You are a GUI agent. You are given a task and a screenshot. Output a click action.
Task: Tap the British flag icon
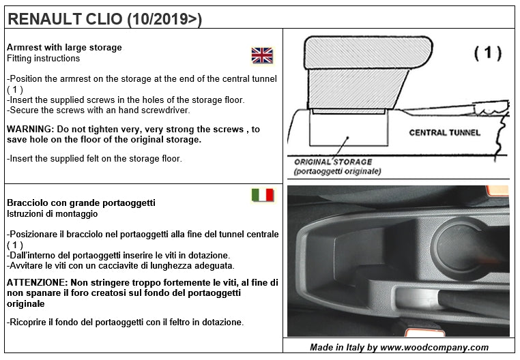point(262,55)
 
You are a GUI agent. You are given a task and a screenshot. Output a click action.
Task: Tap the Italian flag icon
point(263,196)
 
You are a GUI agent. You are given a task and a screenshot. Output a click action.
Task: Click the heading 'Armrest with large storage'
point(64,48)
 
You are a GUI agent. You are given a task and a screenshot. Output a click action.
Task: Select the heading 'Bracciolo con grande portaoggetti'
point(81,203)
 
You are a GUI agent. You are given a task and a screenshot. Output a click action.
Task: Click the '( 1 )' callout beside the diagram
point(487,53)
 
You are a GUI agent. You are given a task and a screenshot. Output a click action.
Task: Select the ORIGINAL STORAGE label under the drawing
point(333,162)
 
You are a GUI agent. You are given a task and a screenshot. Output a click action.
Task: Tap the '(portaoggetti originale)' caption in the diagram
point(337,172)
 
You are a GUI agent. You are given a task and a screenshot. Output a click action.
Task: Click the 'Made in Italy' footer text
point(399,347)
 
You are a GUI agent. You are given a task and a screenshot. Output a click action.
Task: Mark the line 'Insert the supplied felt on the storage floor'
point(94,159)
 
